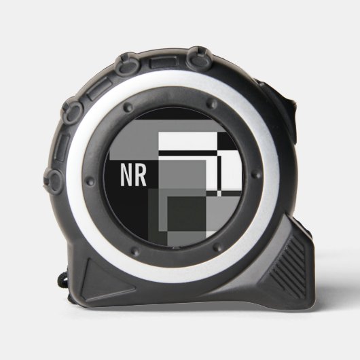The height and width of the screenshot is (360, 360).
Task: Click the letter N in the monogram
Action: [127, 175]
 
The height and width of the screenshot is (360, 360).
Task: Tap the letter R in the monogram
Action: [141, 175]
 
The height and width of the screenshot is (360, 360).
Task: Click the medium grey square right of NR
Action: [182, 175]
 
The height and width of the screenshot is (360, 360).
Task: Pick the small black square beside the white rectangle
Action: [226, 142]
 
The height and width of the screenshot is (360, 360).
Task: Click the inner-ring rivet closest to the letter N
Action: [90, 181]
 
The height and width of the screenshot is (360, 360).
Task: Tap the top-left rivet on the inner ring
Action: [128, 107]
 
